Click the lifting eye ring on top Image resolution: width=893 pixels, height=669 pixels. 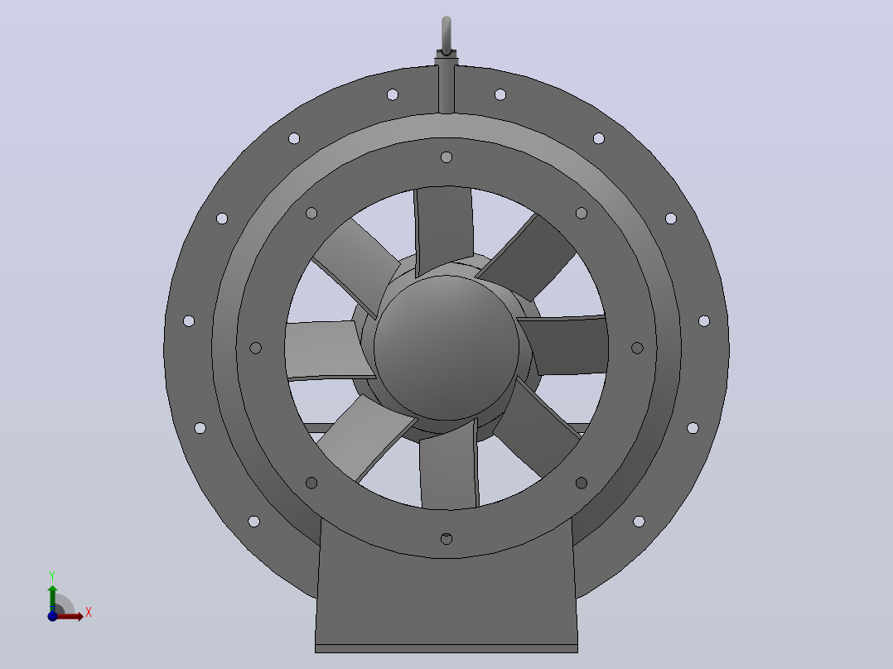[446, 36]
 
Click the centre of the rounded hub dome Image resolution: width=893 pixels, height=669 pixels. [446, 348]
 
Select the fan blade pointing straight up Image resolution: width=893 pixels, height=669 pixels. [444, 231]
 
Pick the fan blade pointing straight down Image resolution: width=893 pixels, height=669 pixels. [449, 464]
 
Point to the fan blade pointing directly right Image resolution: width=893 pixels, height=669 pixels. [563, 345]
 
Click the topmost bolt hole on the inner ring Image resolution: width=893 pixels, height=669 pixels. [446, 157]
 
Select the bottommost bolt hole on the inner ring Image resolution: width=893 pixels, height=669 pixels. [446, 539]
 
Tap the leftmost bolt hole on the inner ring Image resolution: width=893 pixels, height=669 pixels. [256, 348]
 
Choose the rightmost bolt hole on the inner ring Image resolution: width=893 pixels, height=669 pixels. [637, 348]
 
